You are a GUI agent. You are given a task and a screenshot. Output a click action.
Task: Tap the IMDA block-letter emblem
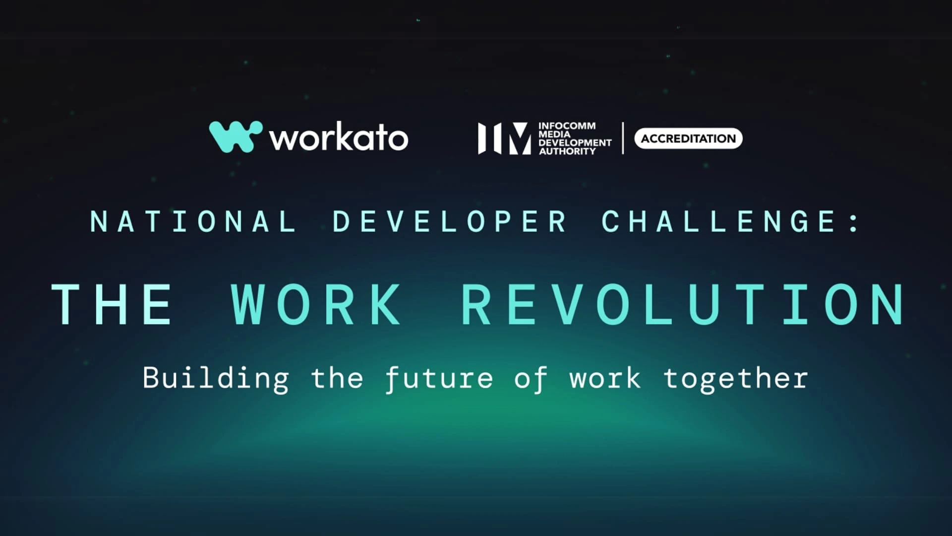tap(504, 138)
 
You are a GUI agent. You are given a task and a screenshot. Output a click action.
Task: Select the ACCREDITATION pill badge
tap(688, 138)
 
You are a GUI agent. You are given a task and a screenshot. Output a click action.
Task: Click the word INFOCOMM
tap(567, 126)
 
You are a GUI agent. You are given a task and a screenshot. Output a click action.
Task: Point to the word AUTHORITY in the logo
tap(567, 151)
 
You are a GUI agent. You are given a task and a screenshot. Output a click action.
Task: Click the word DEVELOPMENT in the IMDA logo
tap(575, 142)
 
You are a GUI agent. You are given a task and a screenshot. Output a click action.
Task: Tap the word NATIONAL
tap(193, 221)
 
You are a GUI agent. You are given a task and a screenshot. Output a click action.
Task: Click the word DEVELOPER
tap(449, 221)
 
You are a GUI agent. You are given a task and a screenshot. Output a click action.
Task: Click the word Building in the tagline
tap(216, 379)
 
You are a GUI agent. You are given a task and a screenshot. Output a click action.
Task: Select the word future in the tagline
tap(439, 379)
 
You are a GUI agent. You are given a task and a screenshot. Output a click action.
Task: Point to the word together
tap(736, 379)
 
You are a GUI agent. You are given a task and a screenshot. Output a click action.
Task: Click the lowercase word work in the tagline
tap(605, 379)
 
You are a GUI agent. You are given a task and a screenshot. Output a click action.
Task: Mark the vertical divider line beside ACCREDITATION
tap(623, 138)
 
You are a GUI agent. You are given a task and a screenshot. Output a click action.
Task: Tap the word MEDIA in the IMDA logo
tap(555, 134)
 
